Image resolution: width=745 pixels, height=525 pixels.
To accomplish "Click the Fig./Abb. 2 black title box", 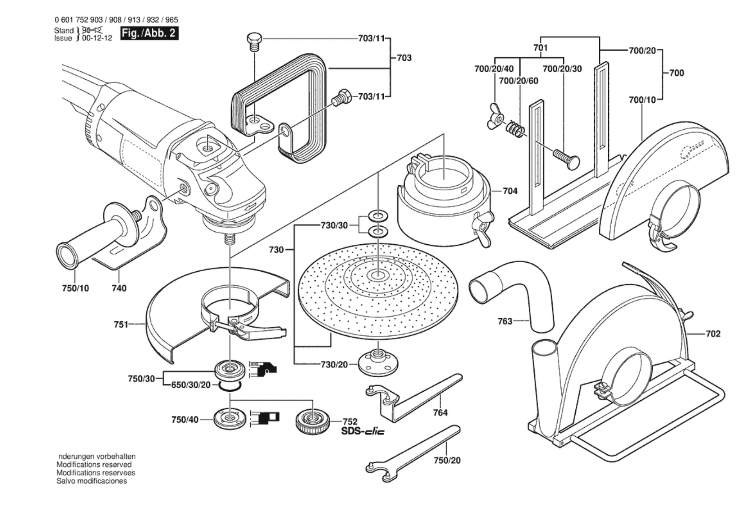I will tap(149, 33).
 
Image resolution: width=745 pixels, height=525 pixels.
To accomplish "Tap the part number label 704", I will tap(510, 191).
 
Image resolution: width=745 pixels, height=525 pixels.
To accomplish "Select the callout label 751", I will tap(121, 324).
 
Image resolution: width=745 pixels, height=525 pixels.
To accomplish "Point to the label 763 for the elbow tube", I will tap(505, 321).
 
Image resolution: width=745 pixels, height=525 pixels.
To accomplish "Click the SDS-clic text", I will tap(363, 431).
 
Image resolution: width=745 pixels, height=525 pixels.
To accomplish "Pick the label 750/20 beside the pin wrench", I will tap(447, 460).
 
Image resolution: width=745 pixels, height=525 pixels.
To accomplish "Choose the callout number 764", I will tap(440, 413).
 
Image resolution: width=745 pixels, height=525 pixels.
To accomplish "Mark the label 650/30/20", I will tap(191, 385).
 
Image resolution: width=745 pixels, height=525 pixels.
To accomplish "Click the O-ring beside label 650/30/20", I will tap(230, 386).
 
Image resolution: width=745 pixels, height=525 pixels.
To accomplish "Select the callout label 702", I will tap(713, 334).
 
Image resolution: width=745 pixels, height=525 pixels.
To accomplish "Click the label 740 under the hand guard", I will tap(119, 288).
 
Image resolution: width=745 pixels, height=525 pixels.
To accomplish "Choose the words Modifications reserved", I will tap(94, 465).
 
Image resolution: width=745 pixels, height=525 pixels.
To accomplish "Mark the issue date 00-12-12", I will tap(97, 38).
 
